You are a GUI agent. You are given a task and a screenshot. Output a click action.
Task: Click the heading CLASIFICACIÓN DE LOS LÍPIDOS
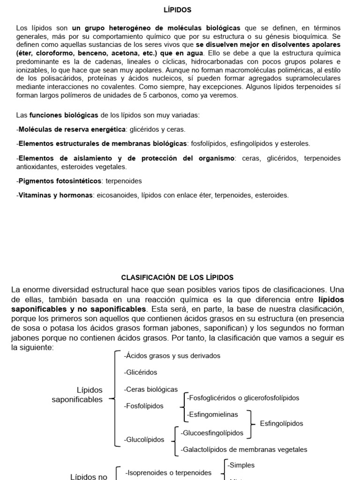tap(177, 277)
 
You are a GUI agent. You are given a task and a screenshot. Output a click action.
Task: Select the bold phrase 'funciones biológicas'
tap(63, 115)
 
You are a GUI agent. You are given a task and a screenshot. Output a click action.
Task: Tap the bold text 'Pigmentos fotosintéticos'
tap(60, 180)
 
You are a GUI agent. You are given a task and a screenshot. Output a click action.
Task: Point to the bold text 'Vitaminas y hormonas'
tap(55, 195)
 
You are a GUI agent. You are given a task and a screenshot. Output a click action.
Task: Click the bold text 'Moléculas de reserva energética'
tap(71, 129)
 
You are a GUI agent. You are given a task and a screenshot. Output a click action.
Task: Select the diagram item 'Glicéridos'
tap(141, 372)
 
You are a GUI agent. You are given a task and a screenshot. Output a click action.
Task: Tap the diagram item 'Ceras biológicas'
tap(151, 389)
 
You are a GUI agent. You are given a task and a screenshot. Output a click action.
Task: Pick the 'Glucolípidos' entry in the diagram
tap(144, 440)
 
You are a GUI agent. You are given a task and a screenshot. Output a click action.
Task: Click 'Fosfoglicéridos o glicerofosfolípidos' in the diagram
tap(243, 398)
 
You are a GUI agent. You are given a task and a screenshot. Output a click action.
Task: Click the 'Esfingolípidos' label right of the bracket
tap(281, 423)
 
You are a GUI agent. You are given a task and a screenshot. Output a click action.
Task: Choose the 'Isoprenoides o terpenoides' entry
tap(168, 473)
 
